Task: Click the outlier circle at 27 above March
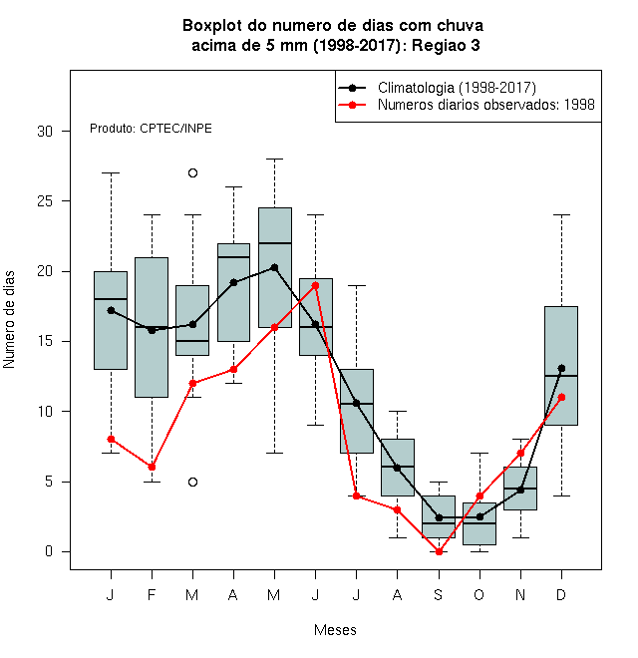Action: pyautogui.click(x=192, y=172)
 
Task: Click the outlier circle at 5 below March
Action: pyautogui.click(x=192, y=482)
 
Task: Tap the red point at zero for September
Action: pyautogui.click(x=439, y=551)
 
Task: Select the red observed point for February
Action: pyautogui.click(x=152, y=467)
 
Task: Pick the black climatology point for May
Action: pyautogui.click(x=274, y=267)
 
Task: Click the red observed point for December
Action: pyautogui.click(x=561, y=397)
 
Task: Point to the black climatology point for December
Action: pyautogui.click(x=561, y=369)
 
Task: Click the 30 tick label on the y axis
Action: pyautogui.click(x=45, y=132)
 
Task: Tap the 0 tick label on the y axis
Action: pyautogui.click(x=49, y=551)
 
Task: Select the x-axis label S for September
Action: pyautogui.click(x=439, y=594)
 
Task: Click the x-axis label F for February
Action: pyautogui.click(x=152, y=594)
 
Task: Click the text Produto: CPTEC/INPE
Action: pyautogui.click(x=151, y=128)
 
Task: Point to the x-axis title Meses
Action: pyautogui.click(x=335, y=630)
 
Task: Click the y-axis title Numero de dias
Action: pyautogui.click(x=9, y=320)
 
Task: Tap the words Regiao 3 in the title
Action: pyautogui.click(x=446, y=45)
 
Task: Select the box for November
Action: pyautogui.click(x=520, y=489)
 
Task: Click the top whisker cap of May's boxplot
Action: pyautogui.click(x=274, y=160)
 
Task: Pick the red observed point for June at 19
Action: pyautogui.click(x=315, y=285)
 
